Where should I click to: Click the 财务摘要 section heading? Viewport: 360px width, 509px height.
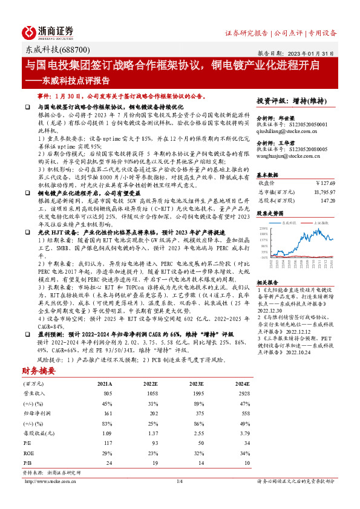39,371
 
